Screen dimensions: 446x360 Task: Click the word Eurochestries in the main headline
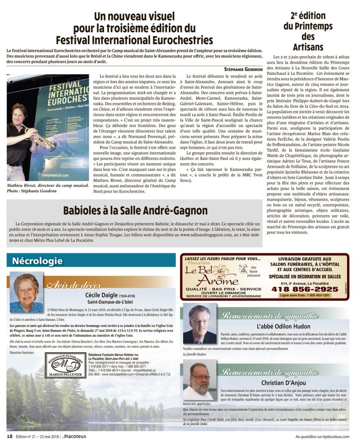(x=179, y=41)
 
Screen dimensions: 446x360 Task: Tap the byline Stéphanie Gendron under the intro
(x=243, y=69)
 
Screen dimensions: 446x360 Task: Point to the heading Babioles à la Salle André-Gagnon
(x=135, y=210)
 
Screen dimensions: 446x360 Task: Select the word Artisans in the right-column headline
(x=308, y=47)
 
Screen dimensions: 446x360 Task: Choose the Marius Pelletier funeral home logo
(x=65, y=366)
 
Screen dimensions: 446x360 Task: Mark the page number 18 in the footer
(x=9, y=436)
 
